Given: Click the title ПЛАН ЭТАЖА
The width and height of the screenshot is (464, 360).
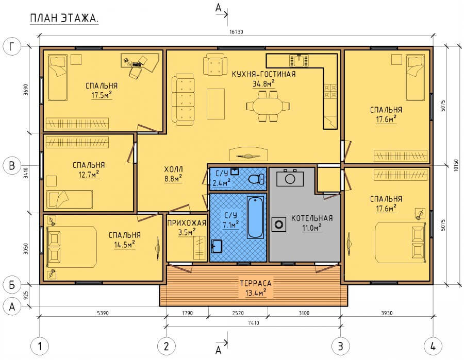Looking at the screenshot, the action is coord(64,19).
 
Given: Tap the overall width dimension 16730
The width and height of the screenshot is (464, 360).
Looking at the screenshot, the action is coord(236,32).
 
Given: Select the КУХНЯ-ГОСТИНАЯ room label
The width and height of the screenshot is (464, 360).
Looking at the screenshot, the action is coord(263,74).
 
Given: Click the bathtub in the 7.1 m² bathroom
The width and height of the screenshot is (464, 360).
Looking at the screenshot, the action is coord(255,217).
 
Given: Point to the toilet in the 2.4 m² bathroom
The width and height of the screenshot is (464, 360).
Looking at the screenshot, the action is coord(256,179).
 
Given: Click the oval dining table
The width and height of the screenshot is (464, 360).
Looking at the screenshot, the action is coord(268,106).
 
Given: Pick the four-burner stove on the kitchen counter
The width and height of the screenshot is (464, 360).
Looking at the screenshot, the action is coord(330,91).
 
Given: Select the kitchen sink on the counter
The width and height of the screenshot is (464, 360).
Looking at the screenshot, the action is coord(299,61).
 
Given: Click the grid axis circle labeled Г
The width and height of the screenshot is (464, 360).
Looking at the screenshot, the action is coord(12,47).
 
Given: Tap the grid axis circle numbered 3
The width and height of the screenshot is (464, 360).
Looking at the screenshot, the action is coord(341,346).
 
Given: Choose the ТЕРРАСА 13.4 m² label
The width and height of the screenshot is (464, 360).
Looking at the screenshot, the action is coord(256,288).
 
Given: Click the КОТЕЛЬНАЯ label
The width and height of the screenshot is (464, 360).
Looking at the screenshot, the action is coord(312,218).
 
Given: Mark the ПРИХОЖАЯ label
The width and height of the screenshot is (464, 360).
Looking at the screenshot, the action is coord(187,223).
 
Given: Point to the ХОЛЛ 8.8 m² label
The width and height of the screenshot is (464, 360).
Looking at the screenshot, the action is coord(173,174).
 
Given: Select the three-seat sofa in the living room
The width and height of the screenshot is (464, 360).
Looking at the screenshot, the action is coord(183,99).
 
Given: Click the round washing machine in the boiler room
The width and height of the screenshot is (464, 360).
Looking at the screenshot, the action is coord(279,225).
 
